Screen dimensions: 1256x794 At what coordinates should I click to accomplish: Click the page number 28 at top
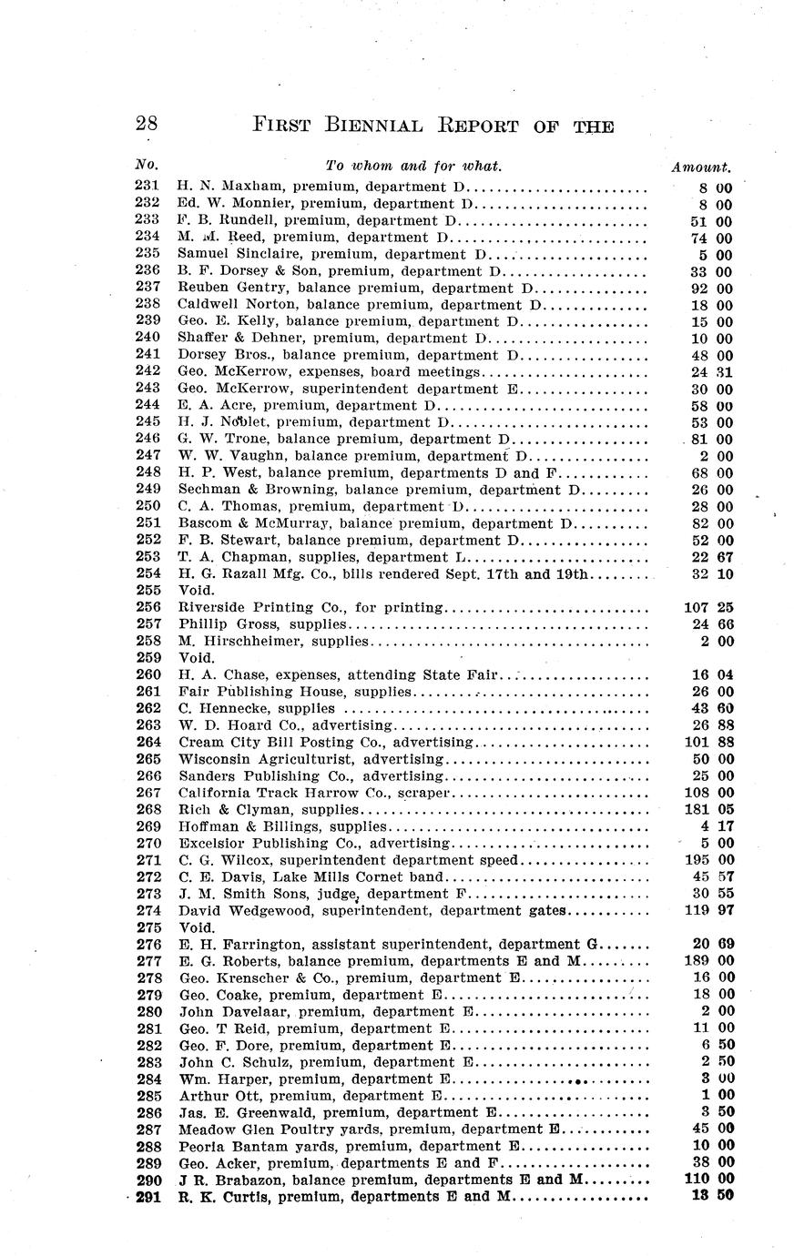click(146, 124)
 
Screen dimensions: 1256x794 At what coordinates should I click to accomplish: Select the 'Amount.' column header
click(700, 167)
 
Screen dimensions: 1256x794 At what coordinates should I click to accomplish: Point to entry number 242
click(147, 372)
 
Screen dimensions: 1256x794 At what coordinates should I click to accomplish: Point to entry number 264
click(147, 743)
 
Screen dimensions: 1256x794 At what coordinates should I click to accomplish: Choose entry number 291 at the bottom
click(147, 1198)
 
